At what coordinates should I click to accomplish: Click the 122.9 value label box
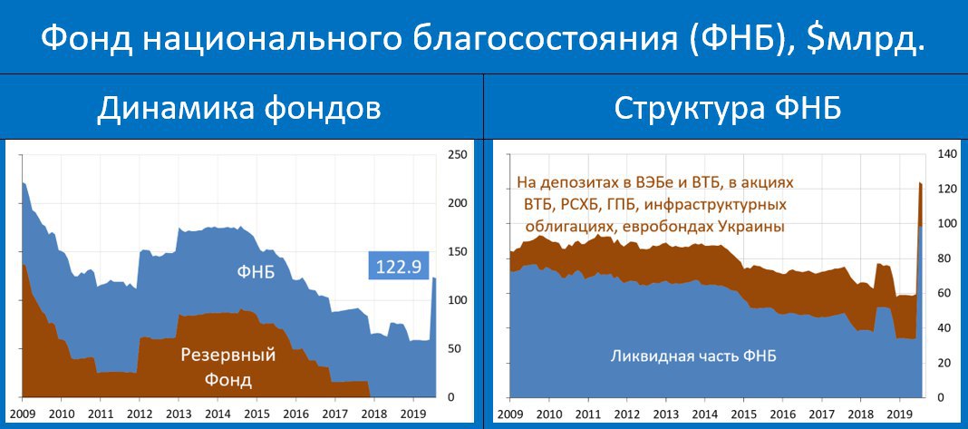click(x=398, y=266)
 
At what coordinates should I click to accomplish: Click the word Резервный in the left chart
click(x=227, y=356)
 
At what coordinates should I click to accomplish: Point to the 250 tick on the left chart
click(x=454, y=154)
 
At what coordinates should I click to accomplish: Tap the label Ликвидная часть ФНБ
click(x=693, y=356)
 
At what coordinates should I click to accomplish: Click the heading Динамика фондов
click(x=238, y=109)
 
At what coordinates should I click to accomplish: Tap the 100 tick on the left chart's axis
click(x=454, y=300)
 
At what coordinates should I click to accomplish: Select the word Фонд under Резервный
click(x=227, y=379)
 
